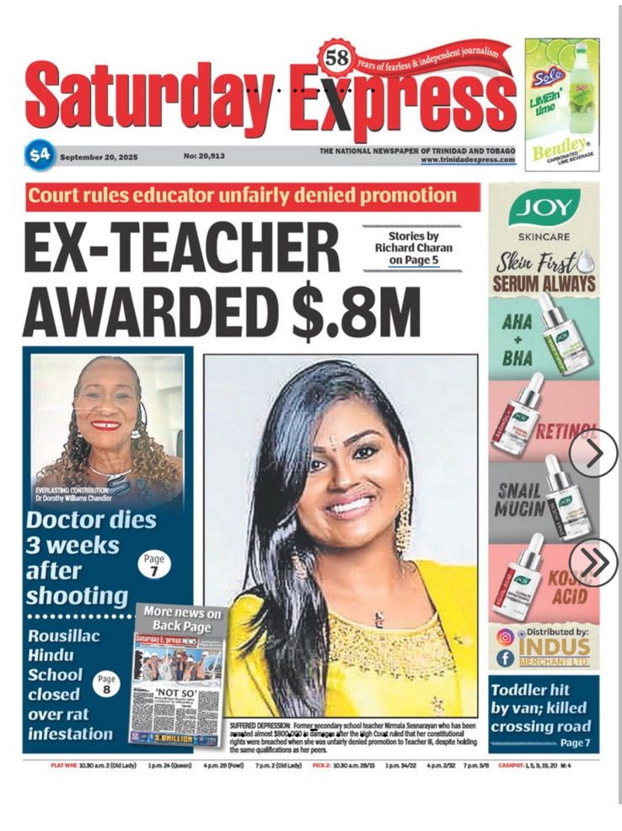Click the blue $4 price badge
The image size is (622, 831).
39,155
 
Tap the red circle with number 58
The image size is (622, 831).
336,59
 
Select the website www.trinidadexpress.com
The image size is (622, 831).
468,159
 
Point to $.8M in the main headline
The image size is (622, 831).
355,311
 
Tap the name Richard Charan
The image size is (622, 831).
414,248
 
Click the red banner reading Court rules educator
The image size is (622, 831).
253,197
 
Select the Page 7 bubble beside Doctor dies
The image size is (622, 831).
154,563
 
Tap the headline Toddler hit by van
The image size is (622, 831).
541,707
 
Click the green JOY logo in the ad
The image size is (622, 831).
544,207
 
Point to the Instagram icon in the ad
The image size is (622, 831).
505,637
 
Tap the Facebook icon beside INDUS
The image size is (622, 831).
505,658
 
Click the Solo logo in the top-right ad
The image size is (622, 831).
546,78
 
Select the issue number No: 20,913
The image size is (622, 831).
204,156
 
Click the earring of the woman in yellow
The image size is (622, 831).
404,515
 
